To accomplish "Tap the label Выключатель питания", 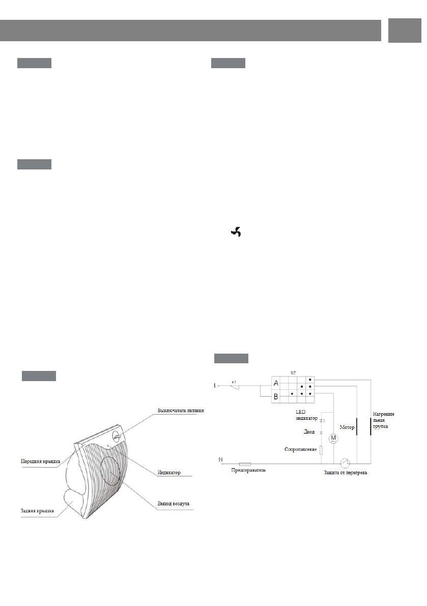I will (x=181, y=411).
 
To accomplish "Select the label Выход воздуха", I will (x=173, y=503).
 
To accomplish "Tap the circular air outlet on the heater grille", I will (x=110, y=471).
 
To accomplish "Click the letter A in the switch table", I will (x=276, y=383).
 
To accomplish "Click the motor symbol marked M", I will (x=333, y=438).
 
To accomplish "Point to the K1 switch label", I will (x=234, y=381).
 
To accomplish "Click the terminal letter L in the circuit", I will (x=216, y=386).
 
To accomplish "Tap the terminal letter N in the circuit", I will (x=220, y=460).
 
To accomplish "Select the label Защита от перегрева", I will (x=346, y=473).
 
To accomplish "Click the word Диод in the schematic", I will (x=309, y=431).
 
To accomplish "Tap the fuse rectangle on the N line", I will (x=245, y=464).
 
